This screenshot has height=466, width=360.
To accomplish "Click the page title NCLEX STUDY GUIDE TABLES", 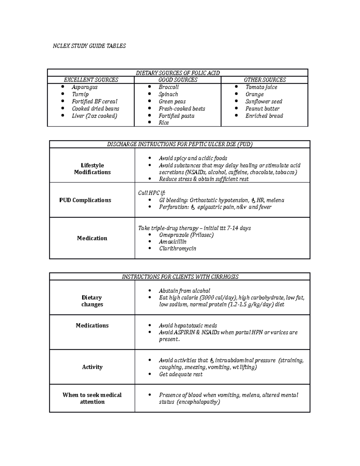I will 89,46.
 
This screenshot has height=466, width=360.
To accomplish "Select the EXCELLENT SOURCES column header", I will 91,80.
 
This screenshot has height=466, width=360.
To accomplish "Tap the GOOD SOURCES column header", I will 178,80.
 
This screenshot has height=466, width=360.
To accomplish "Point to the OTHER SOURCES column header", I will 265,80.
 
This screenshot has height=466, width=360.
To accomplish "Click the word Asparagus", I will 85,87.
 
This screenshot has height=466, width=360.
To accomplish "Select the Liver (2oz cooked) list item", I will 94,116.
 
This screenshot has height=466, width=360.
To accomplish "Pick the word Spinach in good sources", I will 168,94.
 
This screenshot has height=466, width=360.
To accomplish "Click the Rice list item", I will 164,123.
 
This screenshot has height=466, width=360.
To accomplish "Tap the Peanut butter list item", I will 262,109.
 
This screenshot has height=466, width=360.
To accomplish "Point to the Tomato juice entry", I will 261,87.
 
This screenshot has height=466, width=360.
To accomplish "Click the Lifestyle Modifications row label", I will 92,169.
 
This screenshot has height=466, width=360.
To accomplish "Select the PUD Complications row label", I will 85,200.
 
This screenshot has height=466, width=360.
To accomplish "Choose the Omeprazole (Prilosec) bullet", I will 186,235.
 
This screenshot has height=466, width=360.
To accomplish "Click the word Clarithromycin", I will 177,248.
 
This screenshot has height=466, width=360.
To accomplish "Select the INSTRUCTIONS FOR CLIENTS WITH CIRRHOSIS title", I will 180,277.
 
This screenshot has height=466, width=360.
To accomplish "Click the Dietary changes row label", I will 92,301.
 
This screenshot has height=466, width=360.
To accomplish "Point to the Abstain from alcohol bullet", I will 184,291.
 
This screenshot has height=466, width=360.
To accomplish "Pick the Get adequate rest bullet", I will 181,374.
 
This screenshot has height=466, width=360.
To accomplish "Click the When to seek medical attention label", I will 92,398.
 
